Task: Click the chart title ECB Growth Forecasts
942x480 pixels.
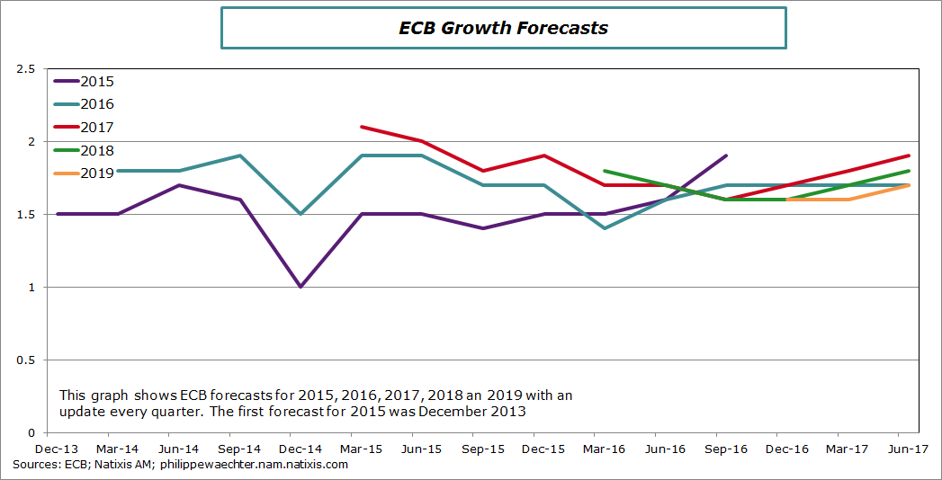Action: pos(504,28)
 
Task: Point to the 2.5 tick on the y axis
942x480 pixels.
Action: pos(24,69)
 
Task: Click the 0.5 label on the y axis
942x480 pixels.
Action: pos(24,360)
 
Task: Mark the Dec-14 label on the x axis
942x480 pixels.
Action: pos(301,448)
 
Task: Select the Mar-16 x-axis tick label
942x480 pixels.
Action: pos(605,448)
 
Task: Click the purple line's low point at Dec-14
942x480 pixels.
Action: pos(301,287)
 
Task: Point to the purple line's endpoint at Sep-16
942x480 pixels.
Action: pos(726,156)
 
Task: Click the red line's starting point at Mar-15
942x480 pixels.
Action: pos(361,127)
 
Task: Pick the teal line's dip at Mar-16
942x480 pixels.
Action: pos(605,228)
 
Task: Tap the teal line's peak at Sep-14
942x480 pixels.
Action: pos(239,156)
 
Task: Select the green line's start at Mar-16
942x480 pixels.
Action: pos(605,170)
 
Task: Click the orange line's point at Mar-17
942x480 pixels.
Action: pos(848,200)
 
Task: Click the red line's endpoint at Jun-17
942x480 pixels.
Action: pos(909,156)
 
